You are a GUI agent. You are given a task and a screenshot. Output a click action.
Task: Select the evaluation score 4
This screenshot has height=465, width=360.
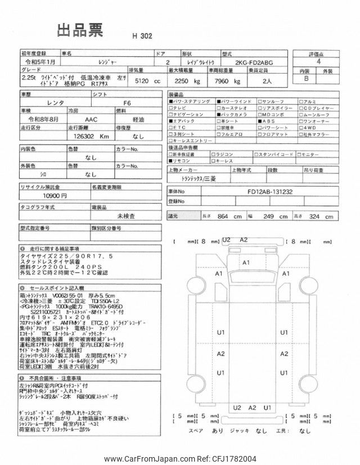[319, 62]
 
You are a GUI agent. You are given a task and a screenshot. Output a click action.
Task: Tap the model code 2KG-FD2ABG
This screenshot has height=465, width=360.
[256, 63]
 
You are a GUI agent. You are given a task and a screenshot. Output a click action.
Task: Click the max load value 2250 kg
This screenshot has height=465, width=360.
[184, 81]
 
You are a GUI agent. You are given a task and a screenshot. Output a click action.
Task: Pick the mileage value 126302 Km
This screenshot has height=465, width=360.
[90, 136]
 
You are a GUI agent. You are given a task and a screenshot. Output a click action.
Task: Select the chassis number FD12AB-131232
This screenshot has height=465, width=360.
[269, 191]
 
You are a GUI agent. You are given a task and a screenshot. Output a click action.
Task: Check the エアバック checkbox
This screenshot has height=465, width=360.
[171, 121]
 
